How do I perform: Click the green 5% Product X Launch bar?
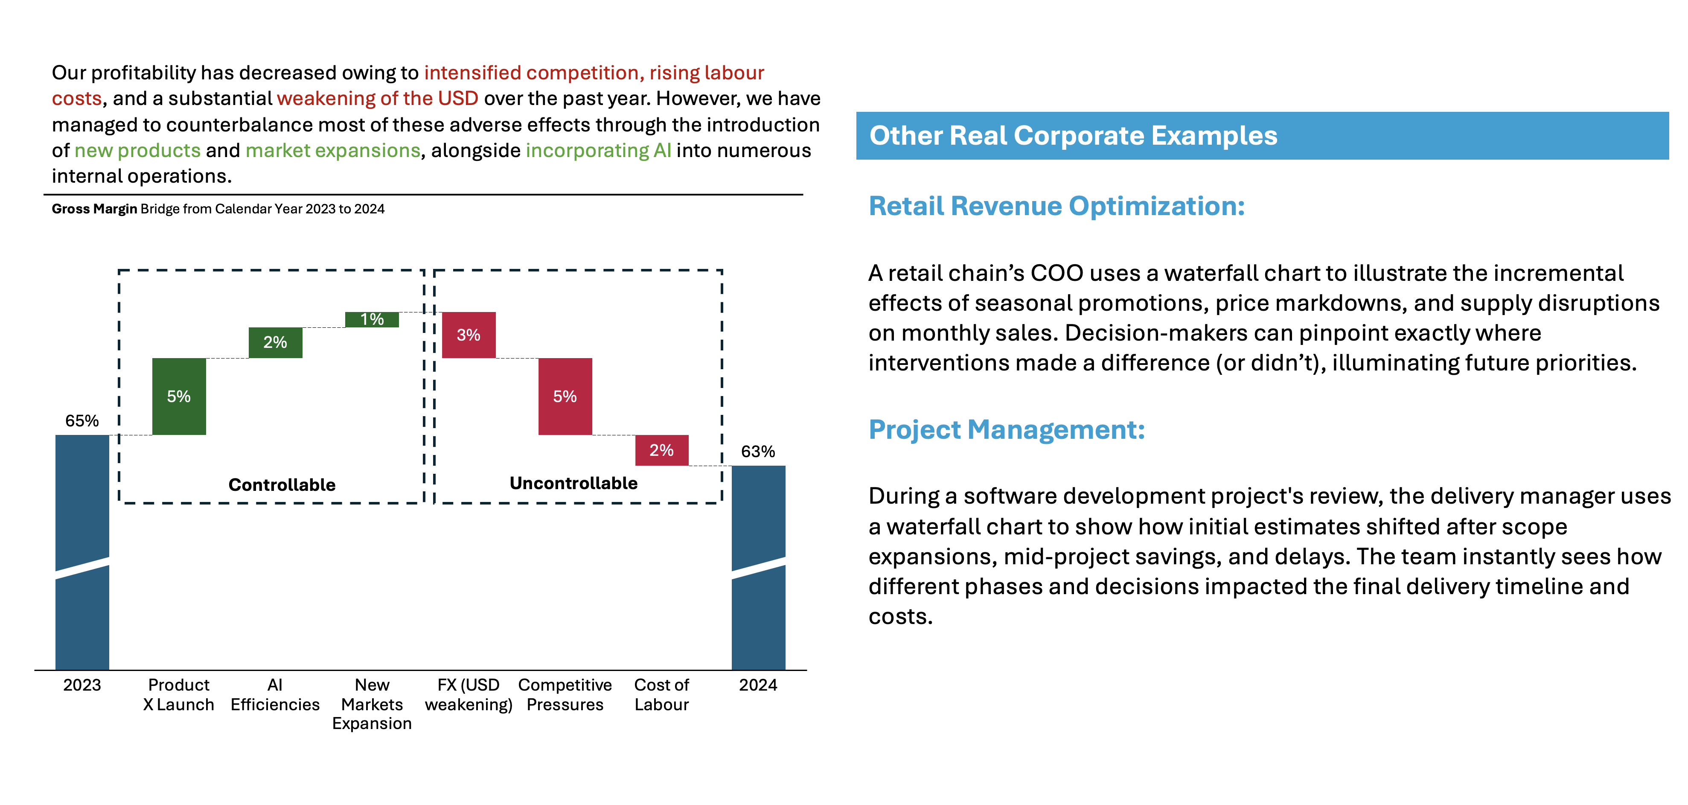click(x=179, y=396)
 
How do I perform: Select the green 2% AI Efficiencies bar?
click(x=275, y=342)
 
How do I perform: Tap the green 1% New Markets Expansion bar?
click(x=372, y=319)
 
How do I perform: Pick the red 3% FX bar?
click(x=469, y=335)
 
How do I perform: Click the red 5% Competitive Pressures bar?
click(x=565, y=396)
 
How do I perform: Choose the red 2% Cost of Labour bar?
click(x=661, y=450)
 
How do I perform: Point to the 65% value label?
click(x=82, y=421)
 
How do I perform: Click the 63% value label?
click(x=758, y=452)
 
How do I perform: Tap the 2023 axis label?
click(x=82, y=685)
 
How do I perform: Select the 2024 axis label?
click(x=758, y=685)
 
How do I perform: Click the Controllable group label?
click(x=282, y=485)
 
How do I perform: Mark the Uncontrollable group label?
click(x=573, y=484)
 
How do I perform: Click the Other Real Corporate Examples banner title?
click(x=1073, y=136)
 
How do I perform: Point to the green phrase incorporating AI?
click(x=598, y=151)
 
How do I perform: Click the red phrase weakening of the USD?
click(x=378, y=98)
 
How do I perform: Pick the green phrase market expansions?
click(x=333, y=151)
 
